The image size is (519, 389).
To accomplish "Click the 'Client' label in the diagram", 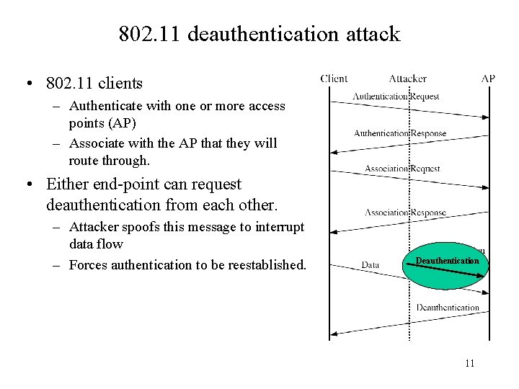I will [334, 79].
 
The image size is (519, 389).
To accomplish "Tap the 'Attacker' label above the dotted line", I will [408, 79].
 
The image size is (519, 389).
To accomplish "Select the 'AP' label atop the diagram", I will [488, 79].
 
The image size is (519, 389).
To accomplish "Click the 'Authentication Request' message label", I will [396, 97].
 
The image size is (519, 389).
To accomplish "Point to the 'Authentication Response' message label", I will [400, 133].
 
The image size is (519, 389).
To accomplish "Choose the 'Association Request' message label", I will [402, 169].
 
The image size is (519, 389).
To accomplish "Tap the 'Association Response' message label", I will [405, 213].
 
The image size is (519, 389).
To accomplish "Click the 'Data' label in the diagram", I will [371, 264].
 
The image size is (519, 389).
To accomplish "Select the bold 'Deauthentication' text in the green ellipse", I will [446, 260].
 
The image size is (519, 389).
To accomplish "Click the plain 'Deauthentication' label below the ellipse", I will [447, 308].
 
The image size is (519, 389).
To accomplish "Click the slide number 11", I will [469, 363].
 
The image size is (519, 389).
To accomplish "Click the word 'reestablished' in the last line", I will [266, 265].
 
